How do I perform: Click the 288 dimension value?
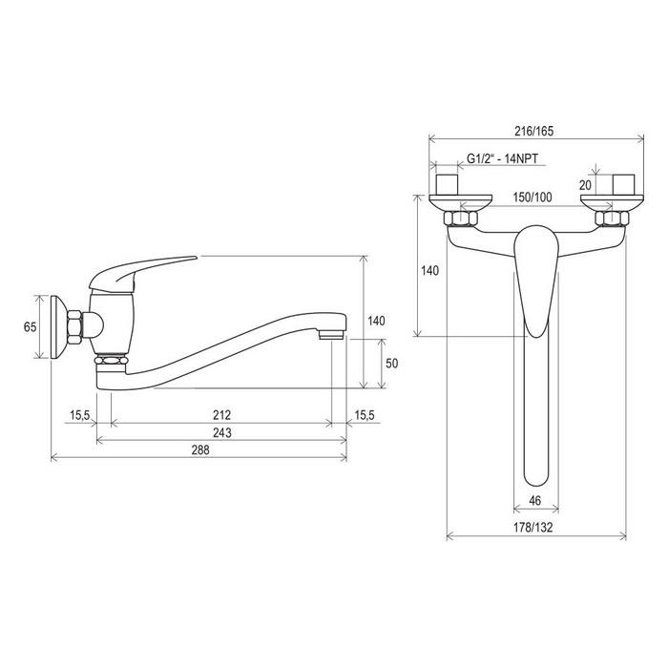(x=200, y=449)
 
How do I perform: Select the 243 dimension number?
(x=222, y=432)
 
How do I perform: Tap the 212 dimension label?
(x=222, y=414)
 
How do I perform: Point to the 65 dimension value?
(x=31, y=326)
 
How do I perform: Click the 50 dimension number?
(x=391, y=363)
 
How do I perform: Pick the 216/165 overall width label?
(x=534, y=131)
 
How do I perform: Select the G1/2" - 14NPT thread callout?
(x=502, y=158)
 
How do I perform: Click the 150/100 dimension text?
(x=532, y=198)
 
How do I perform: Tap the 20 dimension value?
(x=585, y=185)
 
